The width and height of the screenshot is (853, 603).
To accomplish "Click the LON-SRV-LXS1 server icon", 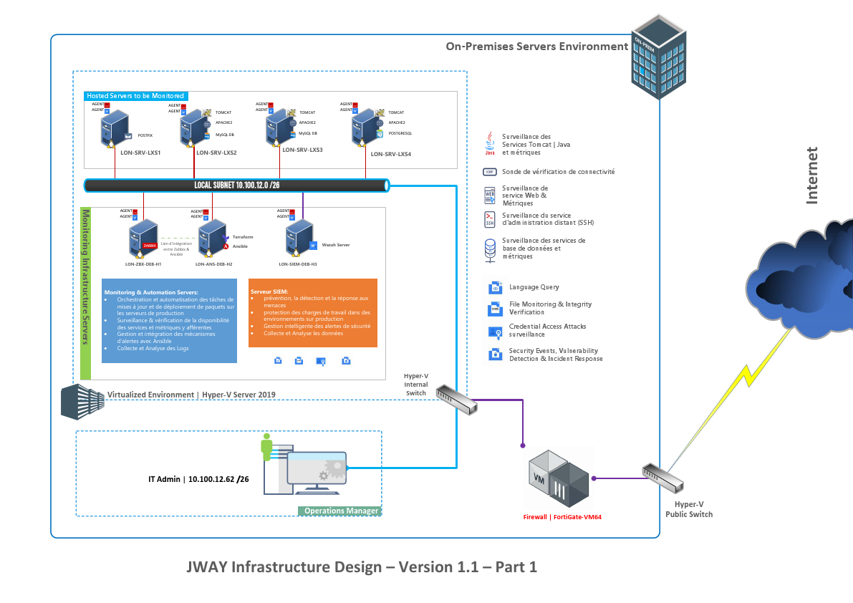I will click(x=113, y=130).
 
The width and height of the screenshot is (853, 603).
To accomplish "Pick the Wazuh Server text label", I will click(x=335, y=245).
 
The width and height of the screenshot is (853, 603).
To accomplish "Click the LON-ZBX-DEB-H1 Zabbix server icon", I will click(x=144, y=239).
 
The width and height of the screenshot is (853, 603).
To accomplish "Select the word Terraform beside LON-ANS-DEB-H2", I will click(x=243, y=237).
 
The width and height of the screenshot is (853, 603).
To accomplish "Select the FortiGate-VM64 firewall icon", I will click(x=559, y=478).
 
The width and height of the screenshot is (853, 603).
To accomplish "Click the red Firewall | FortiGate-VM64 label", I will click(x=562, y=516).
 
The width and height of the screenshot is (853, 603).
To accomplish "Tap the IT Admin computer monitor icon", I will click(x=316, y=472).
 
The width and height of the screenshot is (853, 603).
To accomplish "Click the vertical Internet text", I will click(x=812, y=175).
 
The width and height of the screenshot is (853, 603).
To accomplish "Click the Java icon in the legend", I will click(x=490, y=143).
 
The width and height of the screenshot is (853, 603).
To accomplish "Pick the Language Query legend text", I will click(x=534, y=287).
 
